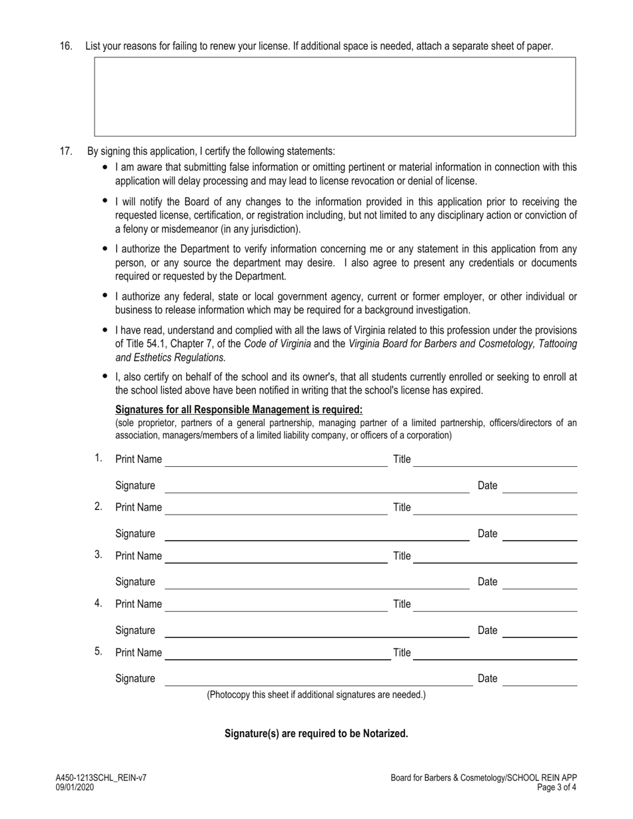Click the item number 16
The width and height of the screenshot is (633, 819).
click(66, 46)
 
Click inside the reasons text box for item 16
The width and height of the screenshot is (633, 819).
click(334, 97)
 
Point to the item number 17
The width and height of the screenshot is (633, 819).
click(66, 151)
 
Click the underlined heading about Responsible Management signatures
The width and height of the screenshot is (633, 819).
click(239, 409)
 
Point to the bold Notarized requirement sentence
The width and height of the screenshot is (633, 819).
click(316, 733)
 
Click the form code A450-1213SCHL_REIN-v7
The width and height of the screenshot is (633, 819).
click(101, 778)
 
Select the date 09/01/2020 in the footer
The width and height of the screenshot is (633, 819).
click(75, 787)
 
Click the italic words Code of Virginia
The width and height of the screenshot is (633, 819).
click(277, 344)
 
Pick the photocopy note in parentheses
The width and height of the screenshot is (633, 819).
click(316, 694)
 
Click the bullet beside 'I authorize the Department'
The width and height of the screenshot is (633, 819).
click(105, 248)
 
